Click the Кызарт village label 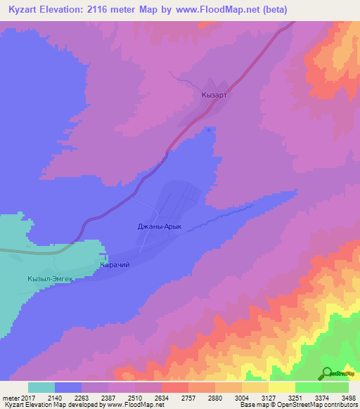tap(215, 93)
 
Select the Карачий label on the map tap(115, 265)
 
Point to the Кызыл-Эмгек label tap(51, 279)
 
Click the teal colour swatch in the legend tap(41, 387)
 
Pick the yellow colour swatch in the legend tap(282, 387)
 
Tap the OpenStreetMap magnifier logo tap(326, 373)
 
